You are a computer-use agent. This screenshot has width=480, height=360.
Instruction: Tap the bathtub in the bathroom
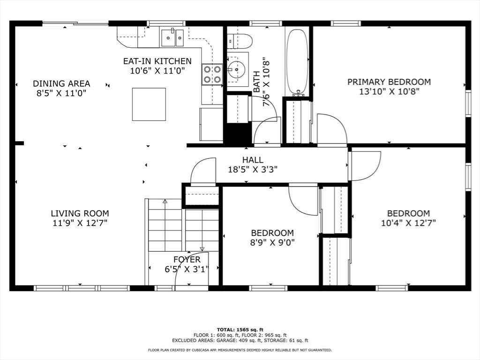tap(297, 62)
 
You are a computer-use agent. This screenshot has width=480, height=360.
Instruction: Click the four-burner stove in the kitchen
tap(212, 75)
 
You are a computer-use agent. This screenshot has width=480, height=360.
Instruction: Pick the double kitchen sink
tap(172, 37)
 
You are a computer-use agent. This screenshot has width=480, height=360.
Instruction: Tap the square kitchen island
tap(149, 104)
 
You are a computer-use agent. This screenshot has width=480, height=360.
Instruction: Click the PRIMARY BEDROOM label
tap(389, 82)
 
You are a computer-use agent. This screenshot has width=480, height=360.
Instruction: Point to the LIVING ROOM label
tap(80, 213)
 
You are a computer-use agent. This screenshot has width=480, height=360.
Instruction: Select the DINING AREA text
tap(61, 83)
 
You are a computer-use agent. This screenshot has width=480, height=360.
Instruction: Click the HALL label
tap(253, 159)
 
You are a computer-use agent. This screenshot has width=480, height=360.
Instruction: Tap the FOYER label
tap(187, 260)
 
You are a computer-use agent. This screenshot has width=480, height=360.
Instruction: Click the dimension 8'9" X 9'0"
tap(272, 243)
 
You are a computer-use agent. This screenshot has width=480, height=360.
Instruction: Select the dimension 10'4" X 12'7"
tap(408, 223)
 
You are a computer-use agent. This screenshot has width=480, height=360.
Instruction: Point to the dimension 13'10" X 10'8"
tap(389, 91)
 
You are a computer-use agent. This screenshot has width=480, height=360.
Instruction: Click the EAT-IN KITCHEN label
tap(157, 61)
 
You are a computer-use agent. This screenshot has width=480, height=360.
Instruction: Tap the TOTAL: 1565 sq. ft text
tap(240, 330)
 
